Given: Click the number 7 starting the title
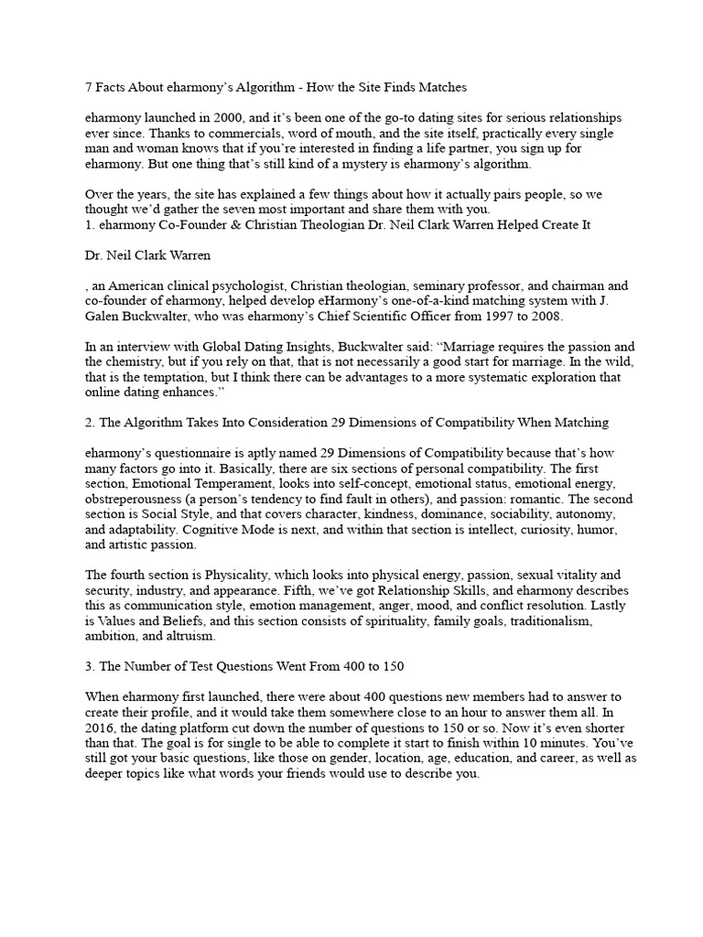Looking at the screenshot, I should [89, 88].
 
